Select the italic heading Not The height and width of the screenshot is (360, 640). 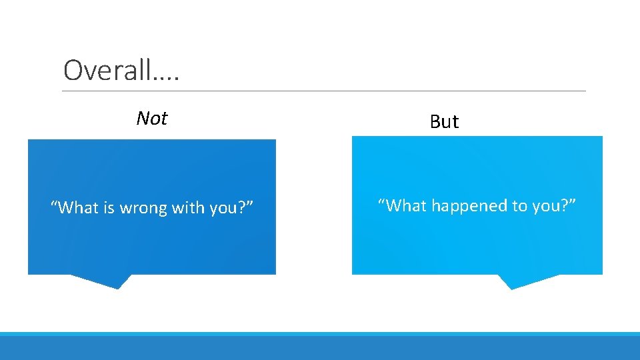151,119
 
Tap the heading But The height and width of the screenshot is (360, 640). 444,121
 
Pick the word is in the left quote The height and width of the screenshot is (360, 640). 110,208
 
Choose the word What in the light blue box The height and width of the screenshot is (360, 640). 407,205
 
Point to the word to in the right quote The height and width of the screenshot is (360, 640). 520,205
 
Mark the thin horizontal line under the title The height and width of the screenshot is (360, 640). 324,91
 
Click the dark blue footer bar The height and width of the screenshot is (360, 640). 320,349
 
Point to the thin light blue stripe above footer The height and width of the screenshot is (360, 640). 320,334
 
